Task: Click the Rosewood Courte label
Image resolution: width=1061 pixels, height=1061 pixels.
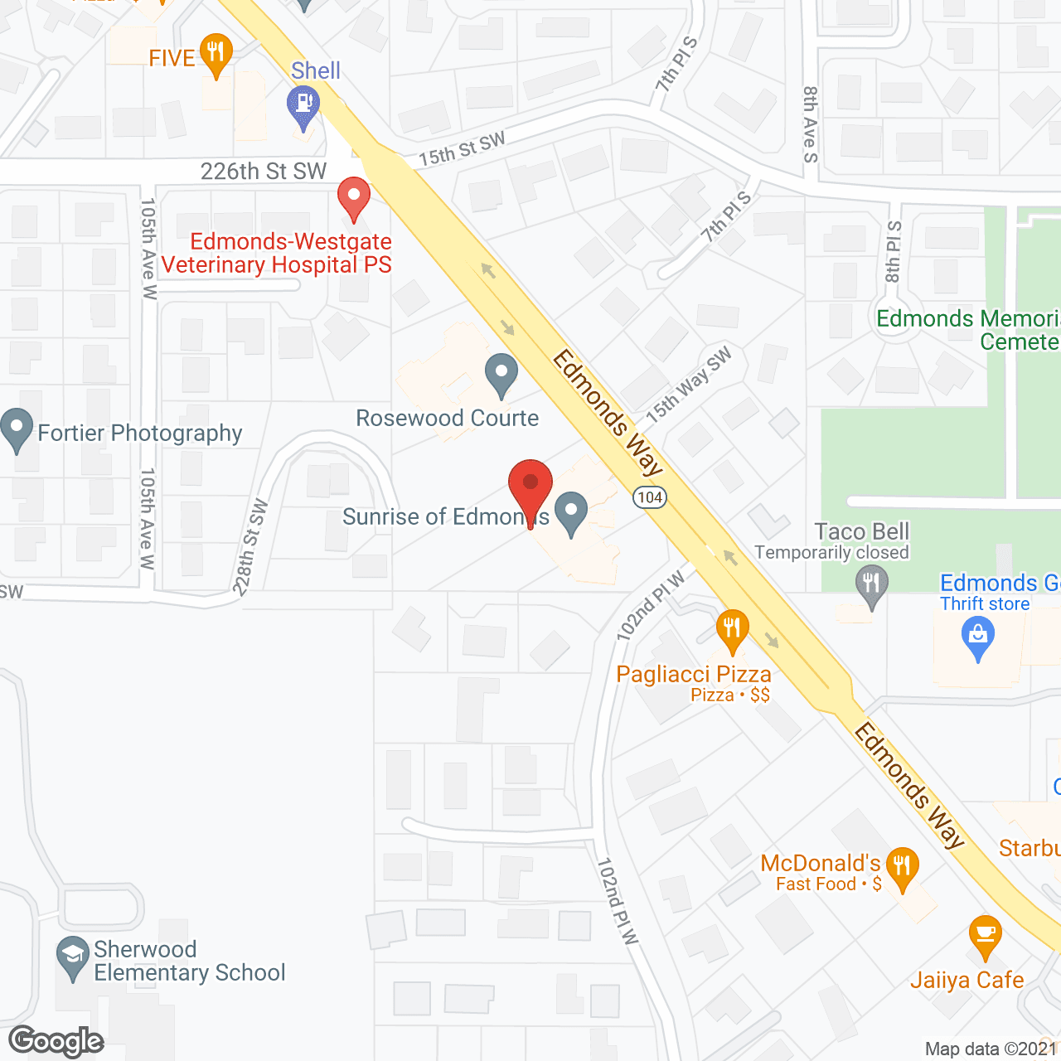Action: coord(447,418)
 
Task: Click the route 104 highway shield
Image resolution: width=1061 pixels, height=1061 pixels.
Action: coord(650,497)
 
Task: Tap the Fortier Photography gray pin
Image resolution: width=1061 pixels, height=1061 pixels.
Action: coord(17,429)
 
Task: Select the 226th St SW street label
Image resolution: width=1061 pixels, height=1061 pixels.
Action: coord(264,172)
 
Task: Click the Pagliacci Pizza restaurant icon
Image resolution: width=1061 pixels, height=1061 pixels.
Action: coord(731,628)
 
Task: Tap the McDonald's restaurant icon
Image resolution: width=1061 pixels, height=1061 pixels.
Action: coord(902,867)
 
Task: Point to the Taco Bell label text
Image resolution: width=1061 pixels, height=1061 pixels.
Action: coord(862,531)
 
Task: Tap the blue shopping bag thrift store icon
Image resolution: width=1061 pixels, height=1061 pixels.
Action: coord(978,637)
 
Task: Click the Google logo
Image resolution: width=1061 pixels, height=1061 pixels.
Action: coord(56,1041)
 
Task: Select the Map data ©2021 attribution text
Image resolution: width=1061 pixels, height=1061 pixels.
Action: coord(991,1049)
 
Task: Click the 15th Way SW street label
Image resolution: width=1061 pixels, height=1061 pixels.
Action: coord(689,385)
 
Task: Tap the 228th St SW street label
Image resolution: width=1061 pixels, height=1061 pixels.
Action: coord(250,547)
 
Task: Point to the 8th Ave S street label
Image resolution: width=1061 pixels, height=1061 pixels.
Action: coord(810,124)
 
